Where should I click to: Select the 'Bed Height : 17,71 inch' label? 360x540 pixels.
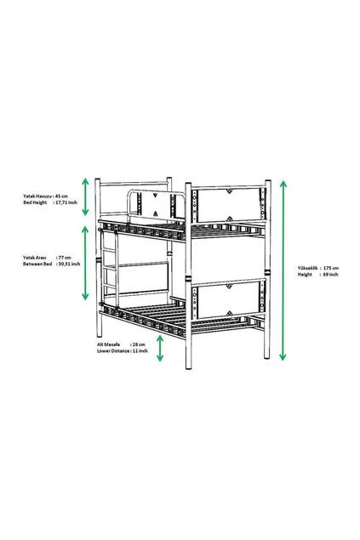pyautogui.click(x=50, y=203)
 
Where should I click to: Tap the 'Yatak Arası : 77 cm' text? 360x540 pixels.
pyautogui.click(x=50, y=256)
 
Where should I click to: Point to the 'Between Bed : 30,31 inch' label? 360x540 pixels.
pyautogui.click(x=52, y=264)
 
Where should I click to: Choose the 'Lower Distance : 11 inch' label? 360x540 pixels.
pyautogui.click(x=123, y=350)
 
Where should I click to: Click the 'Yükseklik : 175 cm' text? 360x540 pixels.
pyautogui.click(x=317, y=268)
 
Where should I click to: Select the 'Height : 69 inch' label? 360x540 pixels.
pyautogui.click(x=317, y=275)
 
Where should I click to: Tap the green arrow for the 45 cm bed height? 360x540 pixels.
pyautogui.click(x=85, y=197)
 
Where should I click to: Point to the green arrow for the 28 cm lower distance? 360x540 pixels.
pyautogui.click(x=160, y=346)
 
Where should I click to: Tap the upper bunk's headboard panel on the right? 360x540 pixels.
pyautogui.click(x=227, y=204)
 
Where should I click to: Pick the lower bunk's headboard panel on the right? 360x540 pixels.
pyautogui.click(x=227, y=300)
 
